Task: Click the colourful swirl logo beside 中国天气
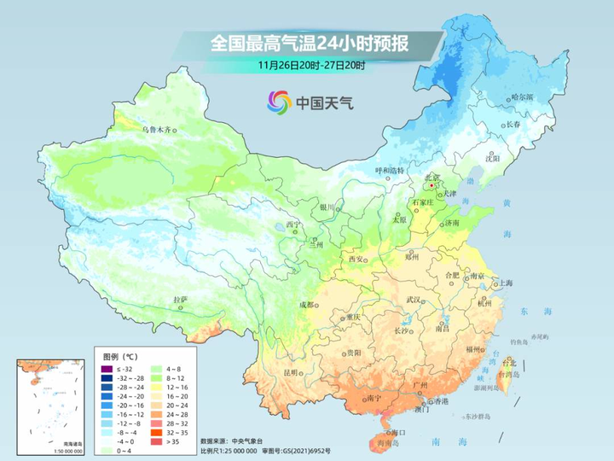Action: [278, 103]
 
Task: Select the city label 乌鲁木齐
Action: [157, 130]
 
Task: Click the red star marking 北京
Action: [432, 184]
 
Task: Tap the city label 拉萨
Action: [180, 300]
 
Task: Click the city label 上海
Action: [506, 283]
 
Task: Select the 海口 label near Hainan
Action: [403, 433]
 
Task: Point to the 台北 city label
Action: [510, 363]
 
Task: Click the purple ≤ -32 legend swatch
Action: [107, 368]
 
